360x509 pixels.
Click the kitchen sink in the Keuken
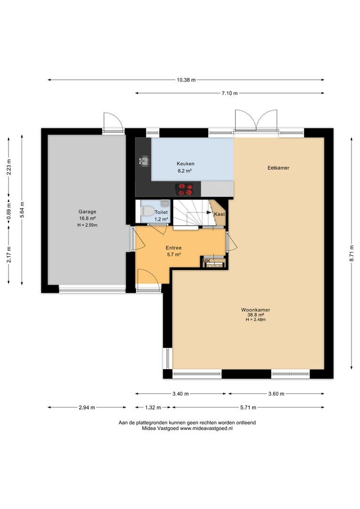(x=144, y=160)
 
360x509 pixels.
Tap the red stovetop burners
(x=184, y=189)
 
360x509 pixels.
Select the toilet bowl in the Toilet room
(x=147, y=212)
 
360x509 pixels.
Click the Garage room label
(x=87, y=212)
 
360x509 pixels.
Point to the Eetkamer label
(x=278, y=168)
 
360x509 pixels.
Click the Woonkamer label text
(x=255, y=310)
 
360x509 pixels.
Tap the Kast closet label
(x=220, y=214)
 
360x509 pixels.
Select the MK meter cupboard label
(x=206, y=261)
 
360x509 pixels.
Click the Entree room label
(x=174, y=248)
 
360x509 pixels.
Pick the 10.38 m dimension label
(x=186, y=80)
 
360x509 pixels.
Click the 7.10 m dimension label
(x=229, y=93)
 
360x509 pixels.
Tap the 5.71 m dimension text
(x=248, y=407)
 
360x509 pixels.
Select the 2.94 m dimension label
(x=87, y=407)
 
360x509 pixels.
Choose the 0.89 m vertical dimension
(x=9, y=211)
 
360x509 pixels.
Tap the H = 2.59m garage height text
(x=87, y=225)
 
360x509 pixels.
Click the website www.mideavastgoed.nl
(x=206, y=428)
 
